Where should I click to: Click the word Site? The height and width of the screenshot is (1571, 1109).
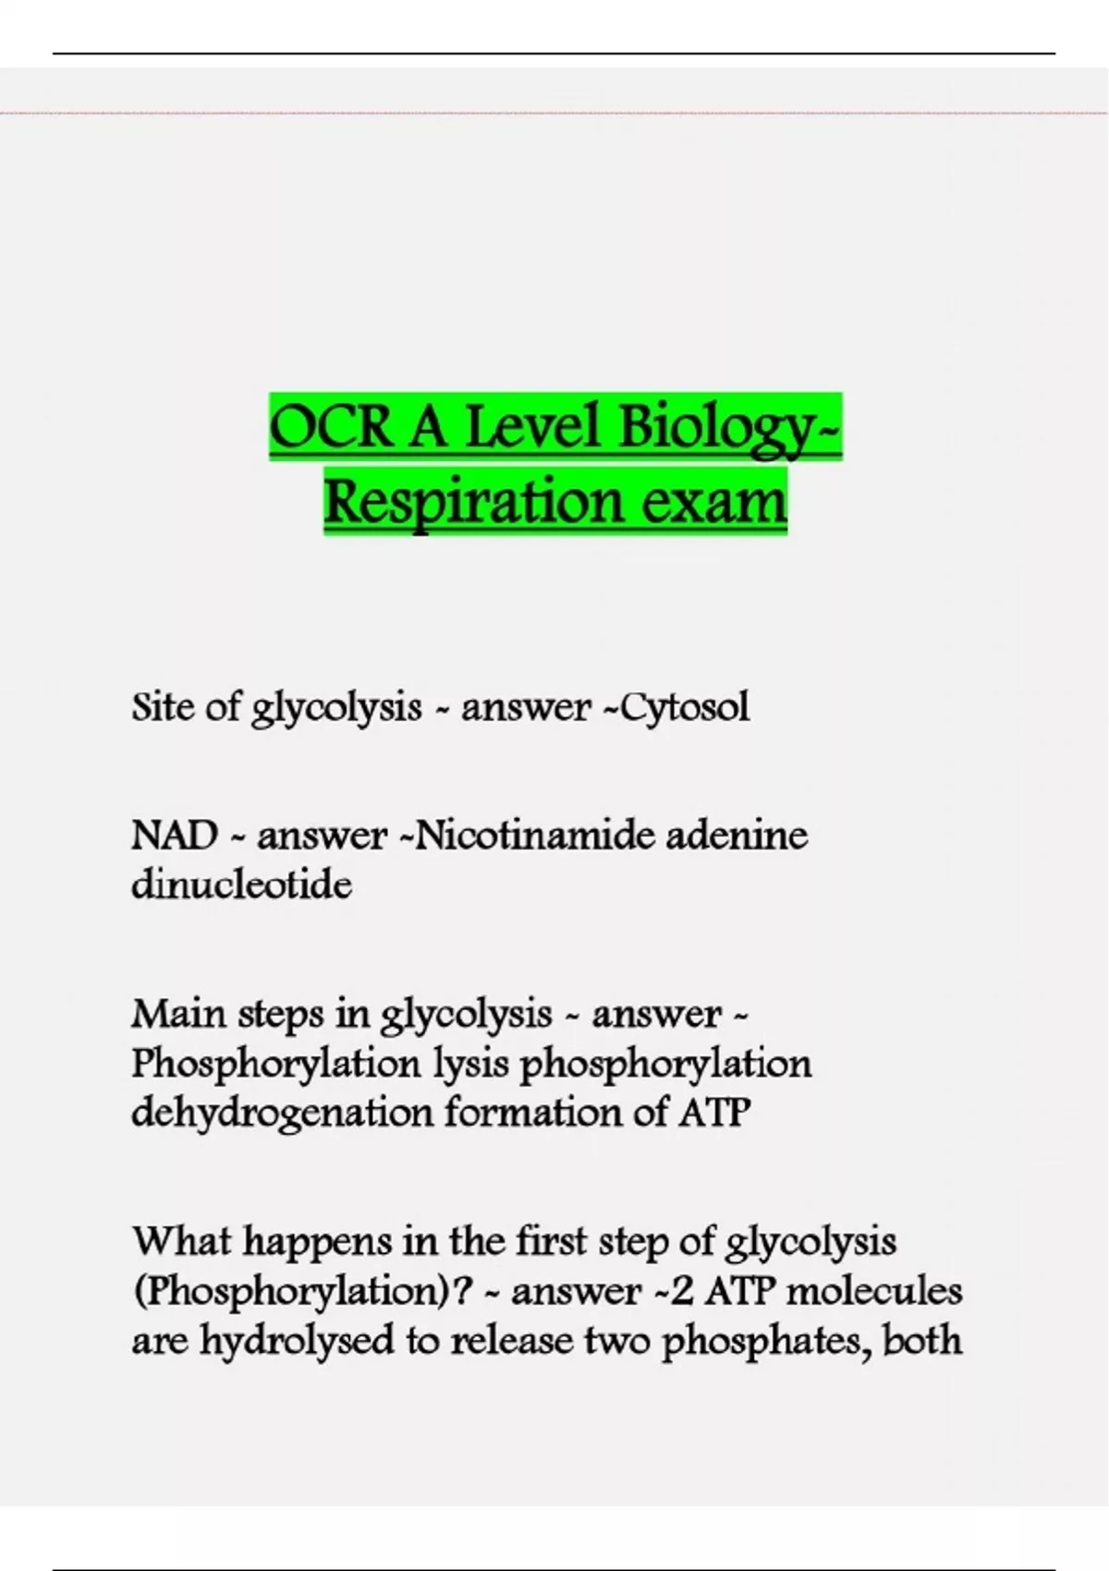point(163,707)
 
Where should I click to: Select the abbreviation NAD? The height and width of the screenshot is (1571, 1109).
point(175,835)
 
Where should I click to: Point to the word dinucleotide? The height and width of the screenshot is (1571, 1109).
point(241,884)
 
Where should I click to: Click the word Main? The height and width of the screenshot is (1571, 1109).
point(178,1014)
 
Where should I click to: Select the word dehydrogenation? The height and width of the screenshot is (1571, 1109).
point(282,1113)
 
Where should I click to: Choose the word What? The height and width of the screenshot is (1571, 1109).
point(182,1240)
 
